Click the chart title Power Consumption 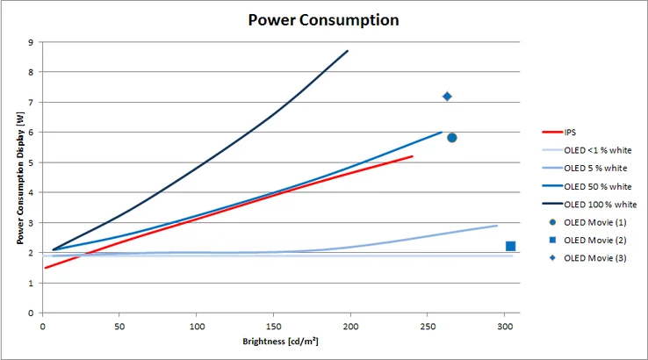click(x=323, y=19)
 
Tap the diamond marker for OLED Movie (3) click(x=447, y=97)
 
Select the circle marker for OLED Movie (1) click(x=451, y=138)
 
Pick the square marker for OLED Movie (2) click(x=510, y=246)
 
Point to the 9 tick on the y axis click(x=31, y=41)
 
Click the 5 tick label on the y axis click(x=31, y=162)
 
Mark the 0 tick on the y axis click(x=31, y=313)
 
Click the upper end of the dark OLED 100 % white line click(x=348, y=51)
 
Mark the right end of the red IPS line click(x=412, y=156)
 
